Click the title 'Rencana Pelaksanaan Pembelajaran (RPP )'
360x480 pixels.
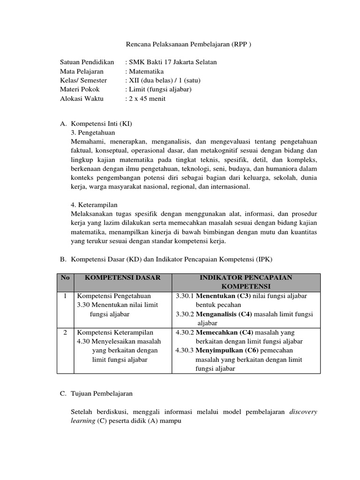tap(189, 45)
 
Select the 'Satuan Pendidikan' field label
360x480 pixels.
tap(87, 62)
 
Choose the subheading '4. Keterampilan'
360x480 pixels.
tap(94, 205)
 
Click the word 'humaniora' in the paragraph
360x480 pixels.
tap(284, 169)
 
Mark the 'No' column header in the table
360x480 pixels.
tap(65, 277)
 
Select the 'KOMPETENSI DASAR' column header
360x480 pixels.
tap(123, 277)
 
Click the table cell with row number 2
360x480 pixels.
tap(65, 332)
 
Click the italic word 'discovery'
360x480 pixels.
tap(303, 412)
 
